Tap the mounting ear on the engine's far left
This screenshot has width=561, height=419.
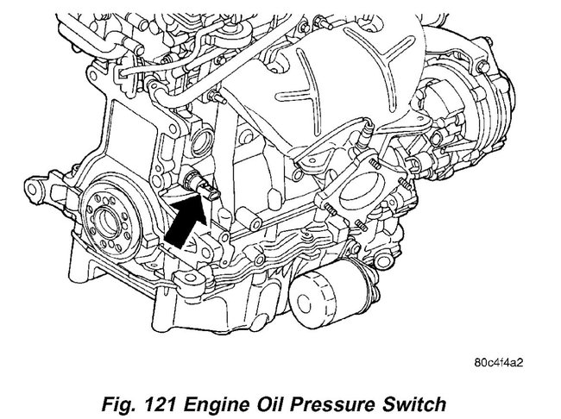pyautogui.click(x=36, y=184)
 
